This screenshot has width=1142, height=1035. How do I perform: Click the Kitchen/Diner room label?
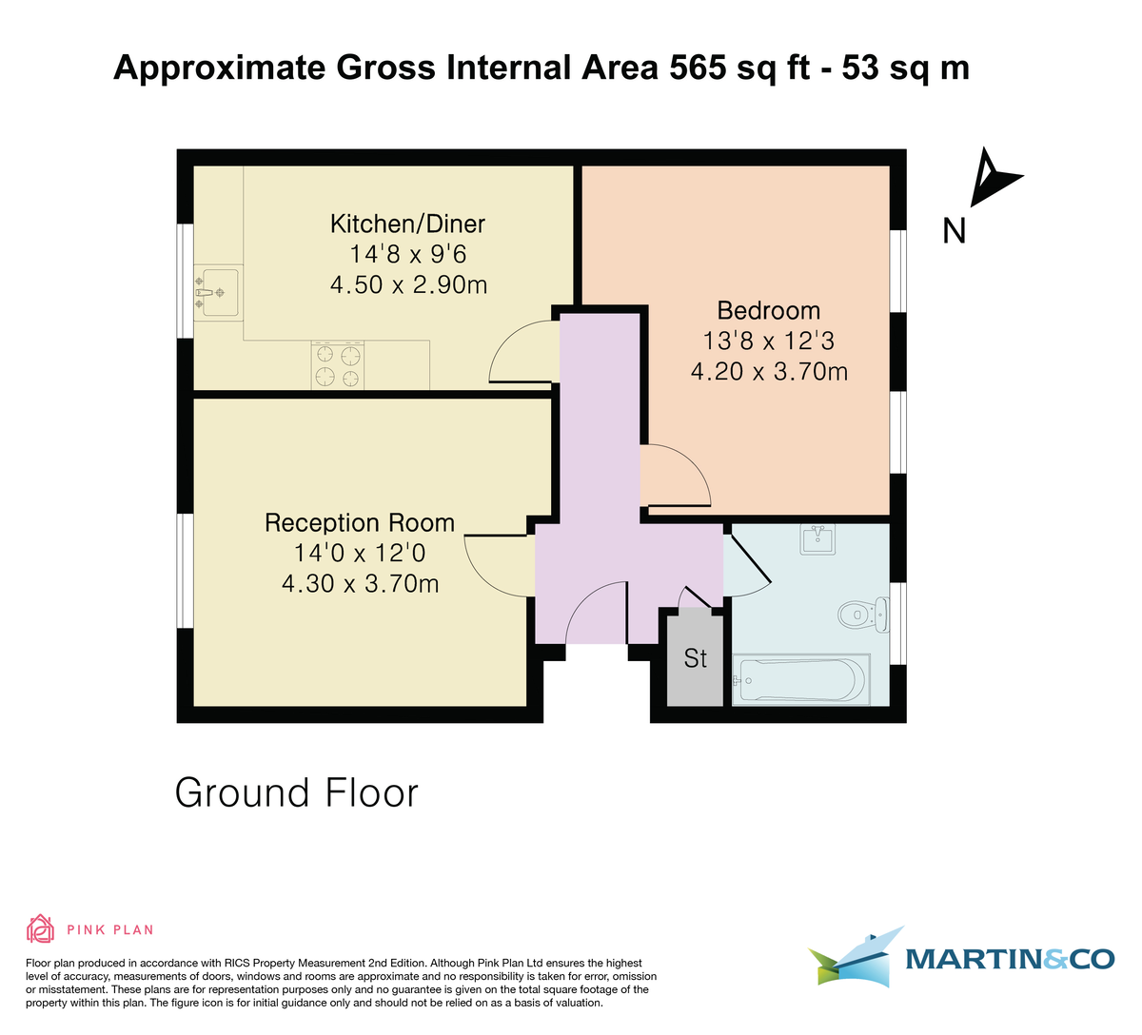(x=407, y=224)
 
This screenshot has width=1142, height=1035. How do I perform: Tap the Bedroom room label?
(x=768, y=310)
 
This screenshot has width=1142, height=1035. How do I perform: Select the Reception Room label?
(x=360, y=522)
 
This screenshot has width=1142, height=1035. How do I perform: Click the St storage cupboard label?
(x=695, y=658)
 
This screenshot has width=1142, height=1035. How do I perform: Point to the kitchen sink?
(x=218, y=291)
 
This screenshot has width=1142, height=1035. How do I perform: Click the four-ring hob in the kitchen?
(x=338, y=366)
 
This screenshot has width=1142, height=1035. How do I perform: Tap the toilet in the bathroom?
(x=862, y=614)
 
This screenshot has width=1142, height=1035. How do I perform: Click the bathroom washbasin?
(x=817, y=539)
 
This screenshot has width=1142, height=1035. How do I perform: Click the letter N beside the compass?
(x=954, y=231)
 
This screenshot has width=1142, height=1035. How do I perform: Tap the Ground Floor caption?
(x=296, y=792)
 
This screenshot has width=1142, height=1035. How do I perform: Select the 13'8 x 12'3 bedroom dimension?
(x=768, y=341)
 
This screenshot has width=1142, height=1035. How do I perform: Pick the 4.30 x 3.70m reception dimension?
(x=360, y=583)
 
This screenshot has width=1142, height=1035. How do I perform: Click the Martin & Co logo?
(x=961, y=957)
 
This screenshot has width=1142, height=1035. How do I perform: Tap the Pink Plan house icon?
(x=40, y=928)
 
